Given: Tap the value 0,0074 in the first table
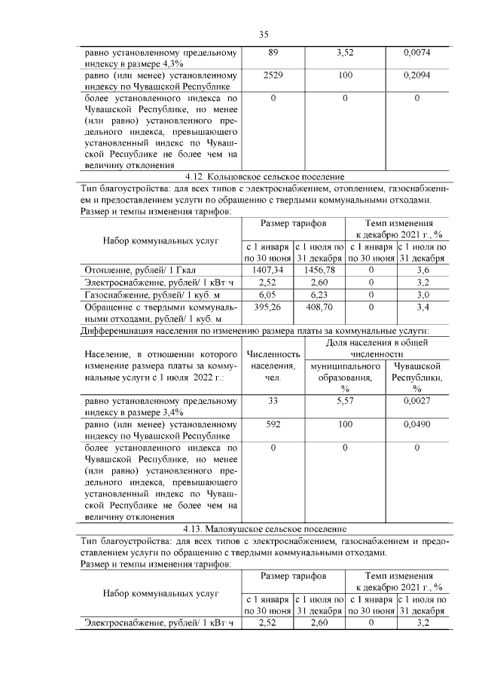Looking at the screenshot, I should point(416,53).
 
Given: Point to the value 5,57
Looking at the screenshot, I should point(345,402).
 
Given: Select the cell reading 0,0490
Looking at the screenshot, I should point(416,425).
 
